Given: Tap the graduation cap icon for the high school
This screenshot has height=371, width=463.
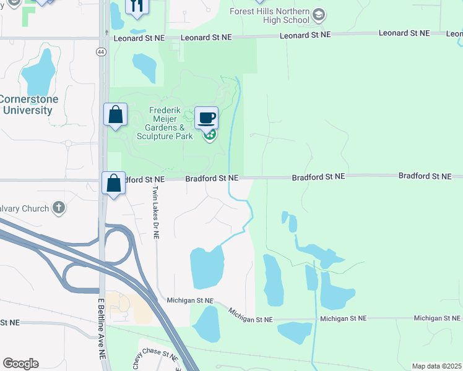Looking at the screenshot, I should (x=319, y=14).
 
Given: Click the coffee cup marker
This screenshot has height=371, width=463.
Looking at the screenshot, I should (x=207, y=117).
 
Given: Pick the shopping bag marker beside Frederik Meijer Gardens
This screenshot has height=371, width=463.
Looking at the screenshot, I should (x=115, y=114).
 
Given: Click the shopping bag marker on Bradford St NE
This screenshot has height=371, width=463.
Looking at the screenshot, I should (x=114, y=183).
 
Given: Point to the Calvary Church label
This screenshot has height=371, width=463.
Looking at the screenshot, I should (x=24, y=208).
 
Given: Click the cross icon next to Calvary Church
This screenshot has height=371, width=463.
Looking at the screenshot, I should (x=59, y=207).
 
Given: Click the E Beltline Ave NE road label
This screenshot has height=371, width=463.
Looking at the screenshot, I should (x=102, y=329).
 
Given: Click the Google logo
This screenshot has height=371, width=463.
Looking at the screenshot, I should (x=20, y=364).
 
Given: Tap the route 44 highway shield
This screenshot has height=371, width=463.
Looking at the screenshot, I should (x=100, y=52).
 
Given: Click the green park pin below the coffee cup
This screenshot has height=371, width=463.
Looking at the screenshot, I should (x=210, y=134).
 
